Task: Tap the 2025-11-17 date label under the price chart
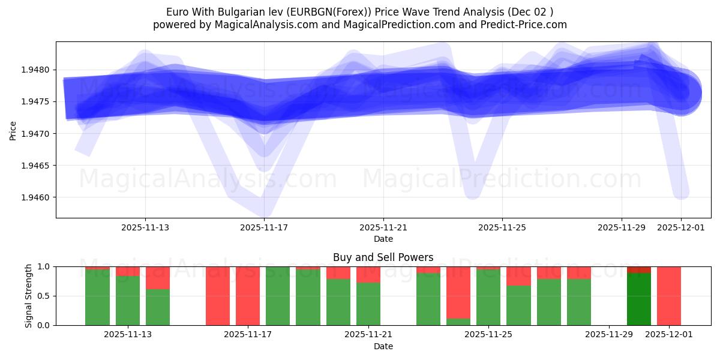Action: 264,227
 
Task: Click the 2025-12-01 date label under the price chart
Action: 680,227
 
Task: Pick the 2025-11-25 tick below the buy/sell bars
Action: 488,334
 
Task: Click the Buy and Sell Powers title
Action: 383,257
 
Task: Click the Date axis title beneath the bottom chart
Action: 383,346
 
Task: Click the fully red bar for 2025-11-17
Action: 248,296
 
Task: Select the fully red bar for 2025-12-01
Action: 669,296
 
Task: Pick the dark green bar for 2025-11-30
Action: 639,299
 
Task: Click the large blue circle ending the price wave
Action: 680,94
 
